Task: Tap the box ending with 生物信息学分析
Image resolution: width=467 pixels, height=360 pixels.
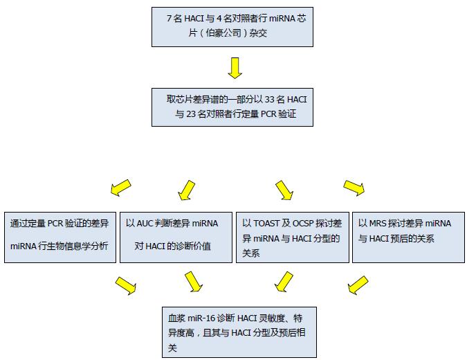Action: click(59, 235)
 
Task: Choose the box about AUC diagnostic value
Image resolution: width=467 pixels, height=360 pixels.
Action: click(175, 235)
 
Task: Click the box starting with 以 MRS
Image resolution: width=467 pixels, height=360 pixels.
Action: click(408, 235)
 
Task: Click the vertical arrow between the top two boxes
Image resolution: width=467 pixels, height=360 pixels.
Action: click(234, 68)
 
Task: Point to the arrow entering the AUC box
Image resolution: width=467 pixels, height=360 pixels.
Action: click(186, 188)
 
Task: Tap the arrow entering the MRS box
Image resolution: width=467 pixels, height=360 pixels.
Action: click(354, 187)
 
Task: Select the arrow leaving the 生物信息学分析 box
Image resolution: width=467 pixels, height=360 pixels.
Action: click(125, 285)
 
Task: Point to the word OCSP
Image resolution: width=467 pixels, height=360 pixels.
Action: click(303, 224)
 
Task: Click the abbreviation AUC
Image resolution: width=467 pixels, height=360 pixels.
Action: click(144, 224)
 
